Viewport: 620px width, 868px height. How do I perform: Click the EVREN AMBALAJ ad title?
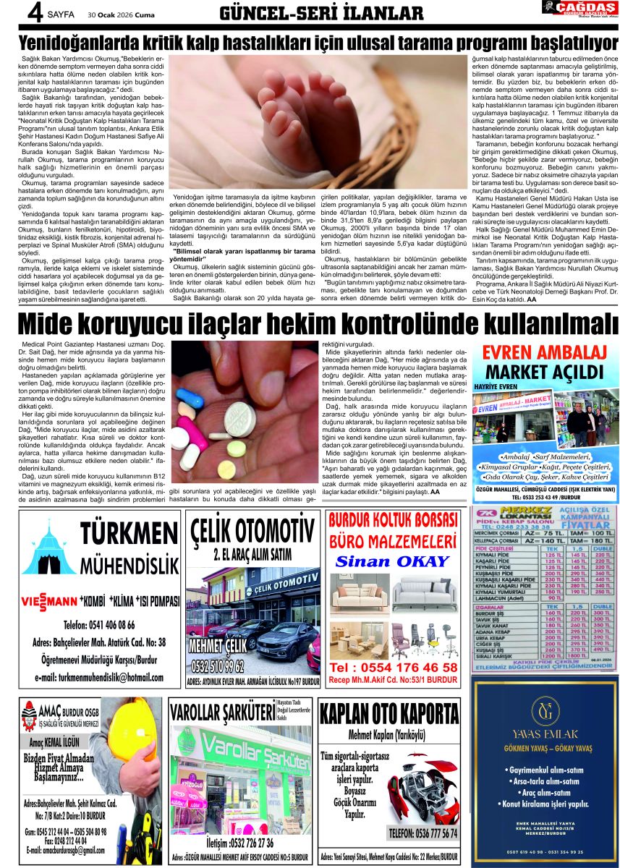(x=544, y=354)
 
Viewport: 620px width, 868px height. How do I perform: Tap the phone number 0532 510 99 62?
(x=217, y=665)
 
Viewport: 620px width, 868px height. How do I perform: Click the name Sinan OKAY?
(x=393, y=561)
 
